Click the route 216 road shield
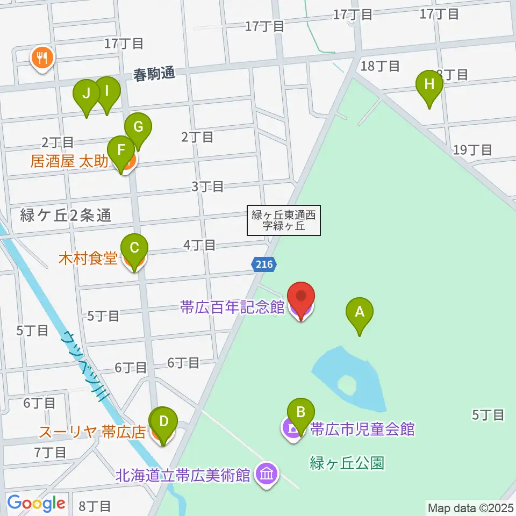(264, 264)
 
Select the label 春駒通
(154, 74)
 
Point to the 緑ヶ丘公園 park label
(347, 463)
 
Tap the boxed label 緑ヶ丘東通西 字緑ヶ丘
(283, 221)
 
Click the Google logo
(36, 503)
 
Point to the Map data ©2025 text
(470, 507)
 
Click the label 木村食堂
(88, 259)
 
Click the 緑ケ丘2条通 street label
(65, 216)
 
